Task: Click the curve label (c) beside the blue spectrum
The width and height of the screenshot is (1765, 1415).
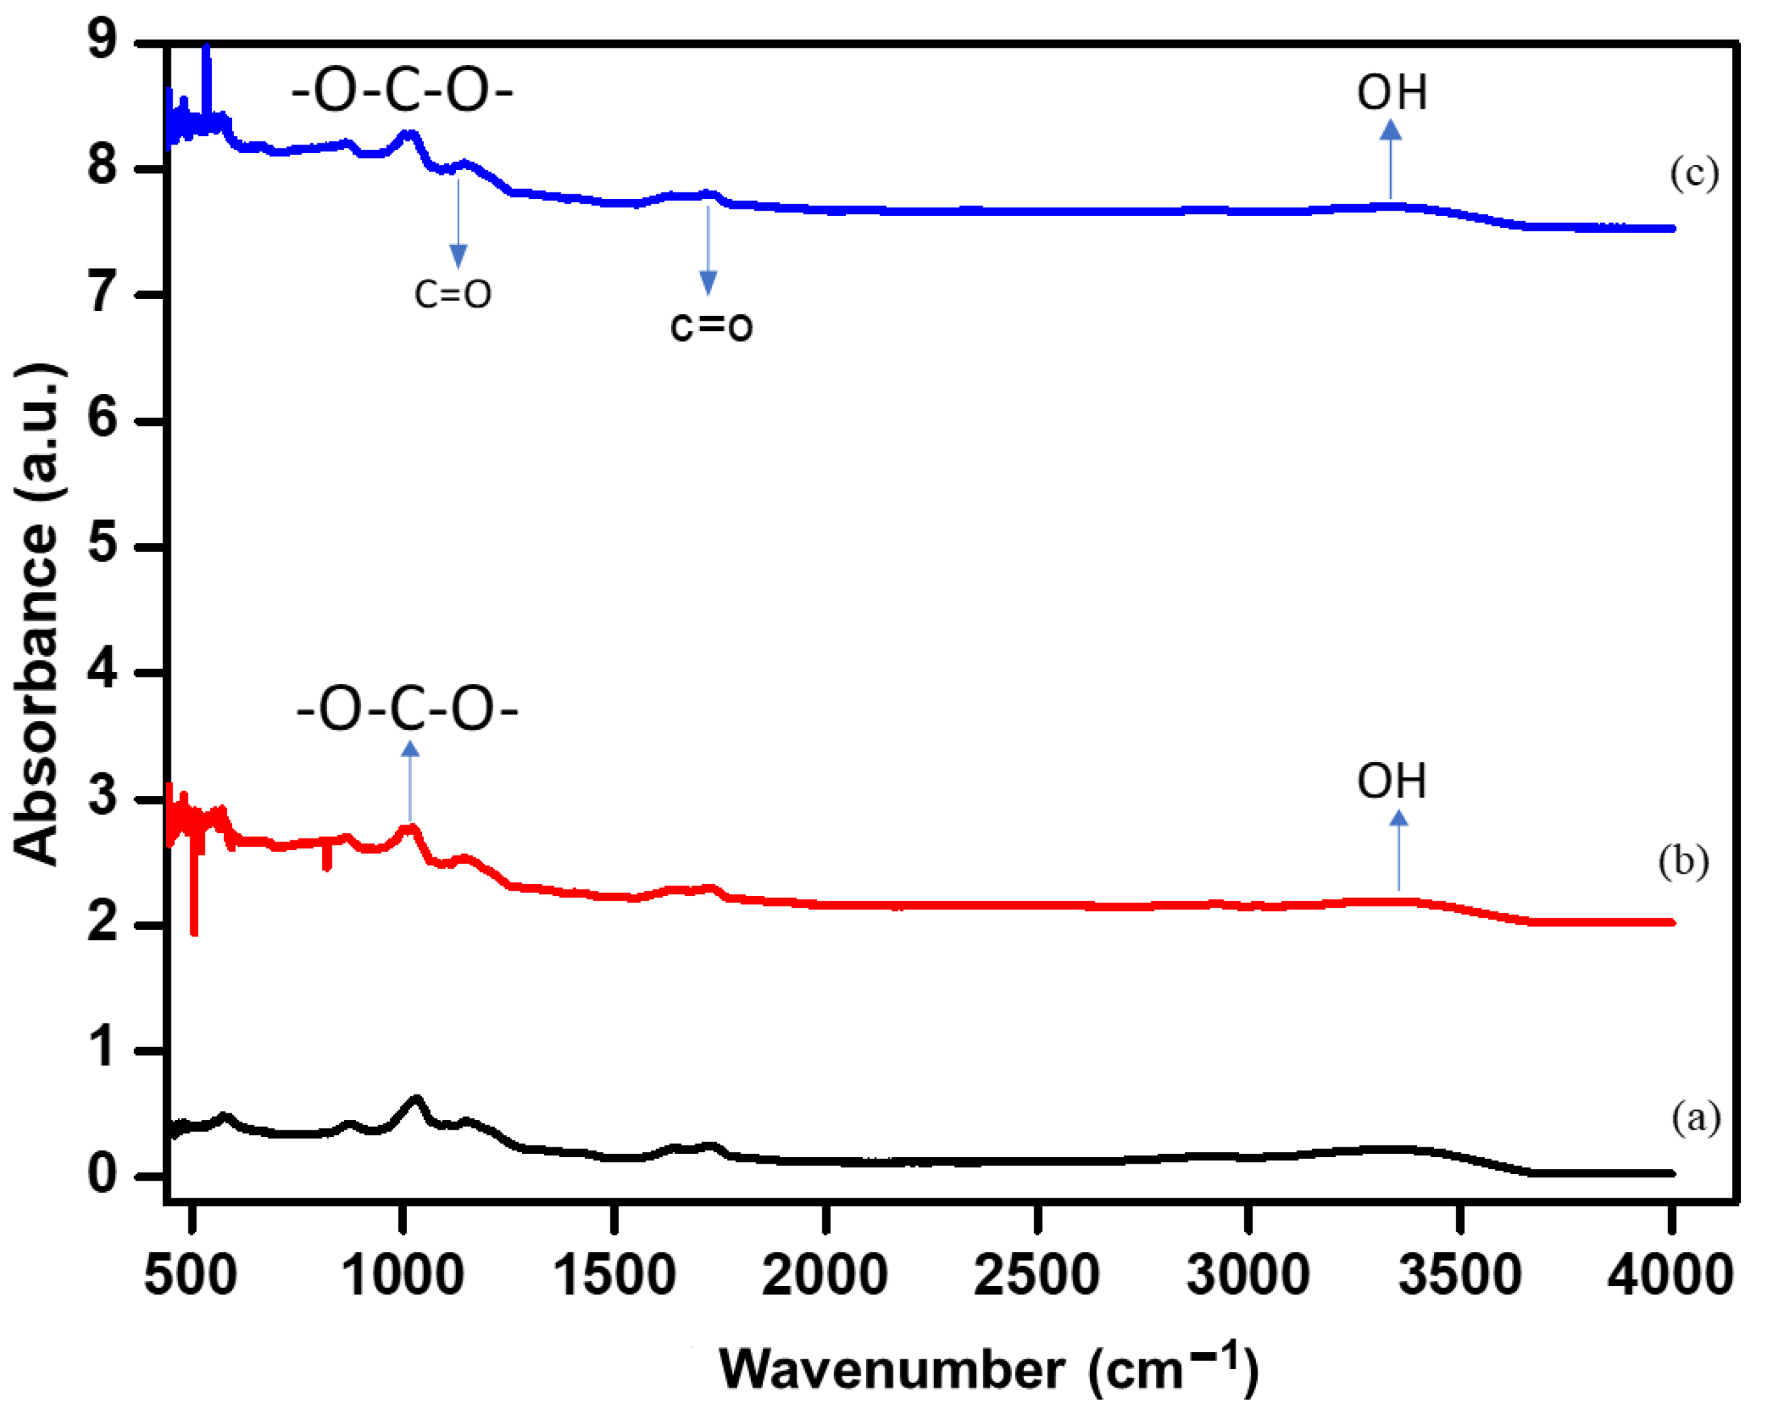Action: point(1694,174)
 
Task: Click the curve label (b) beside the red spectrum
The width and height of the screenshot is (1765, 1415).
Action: point(1683,862)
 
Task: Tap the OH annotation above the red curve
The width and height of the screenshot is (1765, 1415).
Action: point(1391,781)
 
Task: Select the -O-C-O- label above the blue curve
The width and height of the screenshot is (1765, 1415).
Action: point(402,91)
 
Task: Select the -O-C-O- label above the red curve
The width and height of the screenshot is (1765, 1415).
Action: point(407,709)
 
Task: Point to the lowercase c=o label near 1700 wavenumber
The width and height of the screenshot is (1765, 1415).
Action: point(710,326)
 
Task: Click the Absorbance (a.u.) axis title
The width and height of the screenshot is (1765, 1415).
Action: point(37,614)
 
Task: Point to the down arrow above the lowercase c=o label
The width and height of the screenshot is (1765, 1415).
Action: point(708,250)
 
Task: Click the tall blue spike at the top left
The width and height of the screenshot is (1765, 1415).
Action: point(206,82)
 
